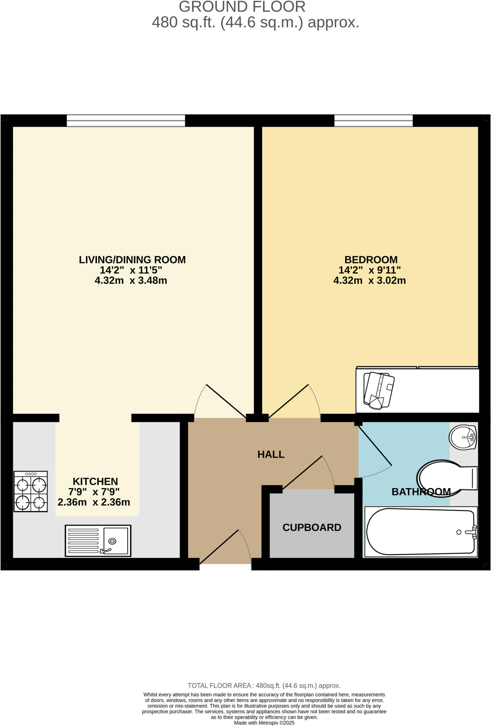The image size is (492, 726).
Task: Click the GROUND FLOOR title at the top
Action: coord(242,7)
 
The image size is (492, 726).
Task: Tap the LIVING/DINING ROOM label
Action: coord(132,260)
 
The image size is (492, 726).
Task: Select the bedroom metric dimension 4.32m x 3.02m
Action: coord(369,281)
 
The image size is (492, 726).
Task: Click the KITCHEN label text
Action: coord(95,481)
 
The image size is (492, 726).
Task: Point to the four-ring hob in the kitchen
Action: coord(30,491)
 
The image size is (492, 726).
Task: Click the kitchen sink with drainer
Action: coord(98,541)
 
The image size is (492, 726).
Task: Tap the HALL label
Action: coord(271,454)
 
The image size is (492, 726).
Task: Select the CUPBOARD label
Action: coord(311,527)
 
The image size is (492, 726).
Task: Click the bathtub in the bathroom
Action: coord(421,532)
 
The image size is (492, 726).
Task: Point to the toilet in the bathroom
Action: coord(446,479)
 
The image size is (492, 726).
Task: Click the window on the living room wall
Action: coord(126,121)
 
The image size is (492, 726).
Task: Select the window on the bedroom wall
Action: coord(373,121)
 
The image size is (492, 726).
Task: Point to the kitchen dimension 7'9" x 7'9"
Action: coord(94,492)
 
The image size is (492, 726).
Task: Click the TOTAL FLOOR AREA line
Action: coord(264,686)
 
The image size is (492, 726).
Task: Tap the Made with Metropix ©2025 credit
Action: coord(264,723)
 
